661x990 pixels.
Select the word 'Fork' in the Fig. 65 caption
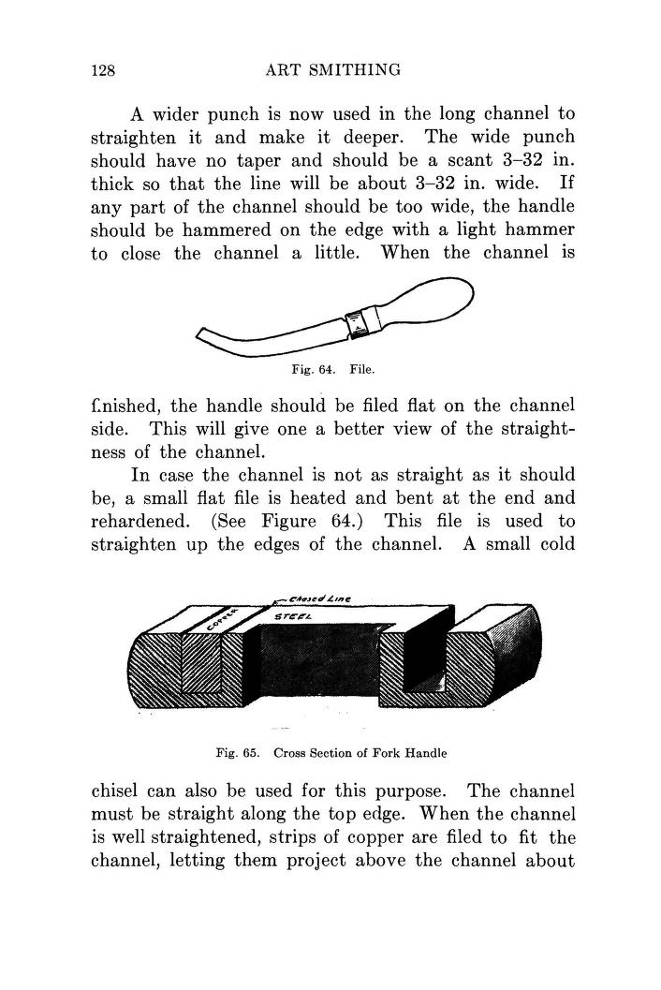tap(375, 752)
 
